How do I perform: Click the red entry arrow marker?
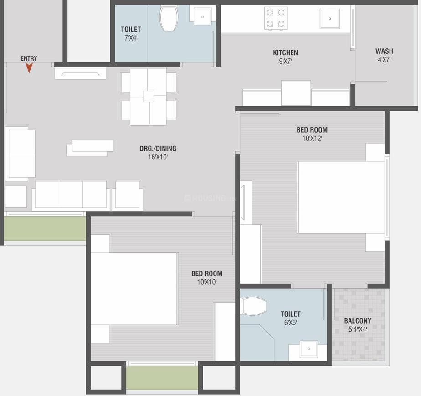[29, 68]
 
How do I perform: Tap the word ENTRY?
[29, 58]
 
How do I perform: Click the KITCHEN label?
[285, 52]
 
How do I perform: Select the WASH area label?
[384, 51]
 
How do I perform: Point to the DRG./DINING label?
[158, 149]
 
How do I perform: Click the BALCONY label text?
[358, 320]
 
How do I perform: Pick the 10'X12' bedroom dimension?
[312, 139]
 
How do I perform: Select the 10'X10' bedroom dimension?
[206, 282]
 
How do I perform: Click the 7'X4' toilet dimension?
[131, 38]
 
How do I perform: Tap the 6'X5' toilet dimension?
[290, 323]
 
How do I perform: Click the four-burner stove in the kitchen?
[276, 18]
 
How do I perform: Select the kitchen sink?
[329, 19]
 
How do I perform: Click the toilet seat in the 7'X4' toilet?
[169, 17]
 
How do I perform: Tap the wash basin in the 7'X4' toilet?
[202, 16]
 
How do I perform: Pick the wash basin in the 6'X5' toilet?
[308, 349]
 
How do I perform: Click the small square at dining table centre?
[148, 97]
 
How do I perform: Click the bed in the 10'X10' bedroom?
[134, 288]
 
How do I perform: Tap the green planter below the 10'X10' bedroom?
[162, 378]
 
